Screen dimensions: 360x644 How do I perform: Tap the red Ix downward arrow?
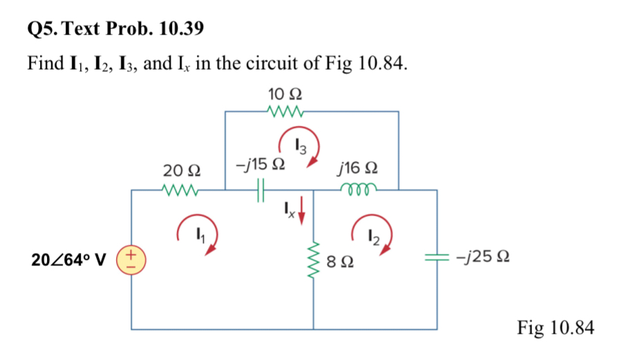[x=302, y=211]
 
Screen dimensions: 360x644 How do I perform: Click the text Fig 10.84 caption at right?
[x=555, y=328]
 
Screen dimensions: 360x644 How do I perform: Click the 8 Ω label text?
[x=341, y=261]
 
